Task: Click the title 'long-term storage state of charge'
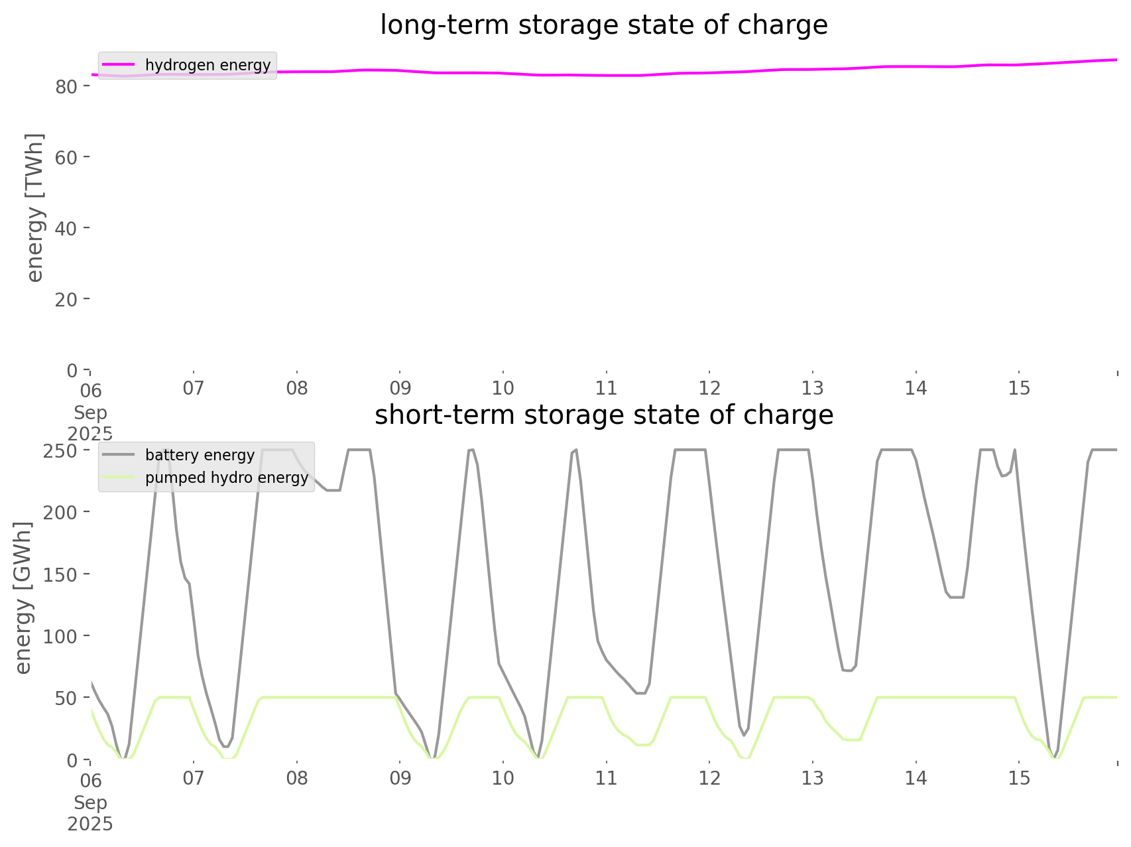point(603,25)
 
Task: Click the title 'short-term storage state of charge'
point(603,415)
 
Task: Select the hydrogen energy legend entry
point(208,65)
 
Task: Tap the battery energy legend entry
point(200,455)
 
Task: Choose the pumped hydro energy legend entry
point(227,478)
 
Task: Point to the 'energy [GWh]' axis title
point(23,598)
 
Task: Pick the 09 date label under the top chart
point(400,388)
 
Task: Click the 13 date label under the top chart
point(813,388)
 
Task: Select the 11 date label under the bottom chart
point(606,778)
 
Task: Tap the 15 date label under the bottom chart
point(1019,778)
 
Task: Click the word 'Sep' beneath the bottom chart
point(90,803)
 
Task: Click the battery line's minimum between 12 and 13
point(744,735)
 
